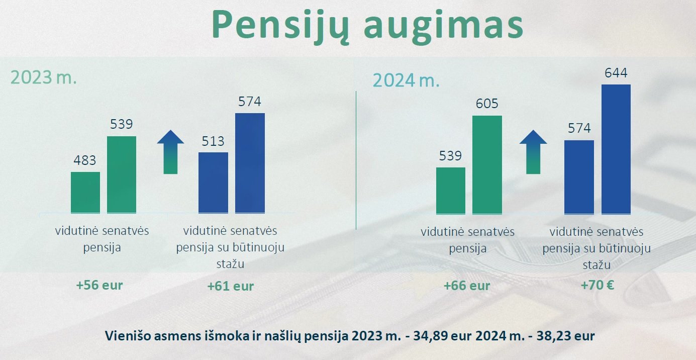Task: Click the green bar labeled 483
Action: pyautogui.click(x=85, y=193)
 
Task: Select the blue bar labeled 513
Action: pyautogui.click(x=213, y=183)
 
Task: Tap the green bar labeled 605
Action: pyautogui.click(x=487, y=165)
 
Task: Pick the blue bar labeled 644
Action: pyautogui.click(x=616, y=149)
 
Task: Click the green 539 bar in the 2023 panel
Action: pyautogui.click(x=122, y=174)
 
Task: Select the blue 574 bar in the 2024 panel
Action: pyautogui.click(x=579, y=177)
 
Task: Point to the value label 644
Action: pyautogui.click(x=616, y=73)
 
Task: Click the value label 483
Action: pyautogui.click(x=85, y=160)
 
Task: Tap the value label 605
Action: pyautogui.click(x=487, y=104)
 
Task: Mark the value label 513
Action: pyautogui.click(x=213, y=141)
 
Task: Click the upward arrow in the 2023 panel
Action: pyautogui.click(x=170, y=152)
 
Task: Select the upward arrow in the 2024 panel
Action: pyautogui.click(x=533, y=152)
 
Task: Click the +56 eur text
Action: pyautogui.click(x=100, y=286)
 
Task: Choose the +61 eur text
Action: pyautogui.click(x=231, y=286)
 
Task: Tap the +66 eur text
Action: pyautogui.click(x=467, y=286)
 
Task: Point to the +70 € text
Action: pyautogui.click(x=597, y=285)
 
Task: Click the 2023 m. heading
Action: pyautogui.click(x=44, y=77)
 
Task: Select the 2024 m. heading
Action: pyautogui.click(x=406, y=80)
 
